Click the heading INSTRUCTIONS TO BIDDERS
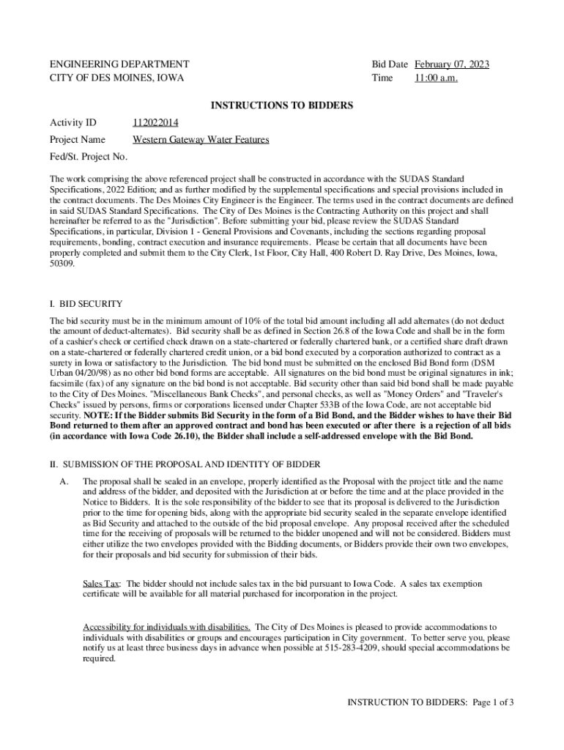tap(282, 106)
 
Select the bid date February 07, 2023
tap(452, 64)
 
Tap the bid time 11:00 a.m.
tap(436, 78)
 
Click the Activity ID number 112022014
tap(155, 122)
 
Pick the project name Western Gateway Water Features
tap(201, 139)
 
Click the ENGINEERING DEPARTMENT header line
tap(119, 64)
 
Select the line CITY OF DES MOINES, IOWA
tap(116, 78)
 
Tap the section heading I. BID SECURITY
tap(86, 304)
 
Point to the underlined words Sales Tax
tap(101, 584)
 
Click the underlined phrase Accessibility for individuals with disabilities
tap(167, 628)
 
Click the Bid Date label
tap(390, 64)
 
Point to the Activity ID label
tap(73, 122)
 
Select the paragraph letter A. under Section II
tap(64, 481)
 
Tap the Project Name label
tap(77, 139)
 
